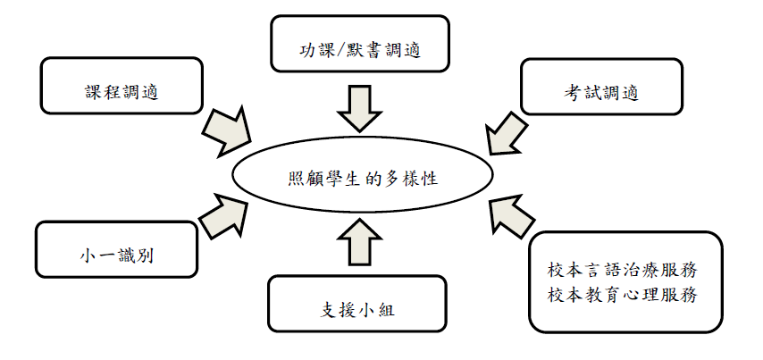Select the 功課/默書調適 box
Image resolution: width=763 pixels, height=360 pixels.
pyautogui.click(x=359, y=45)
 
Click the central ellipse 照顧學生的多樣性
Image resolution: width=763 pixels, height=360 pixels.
pyautogui.click(x=363, y=179)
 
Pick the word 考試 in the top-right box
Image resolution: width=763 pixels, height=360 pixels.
pyautogui.click(x=578, y=91)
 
